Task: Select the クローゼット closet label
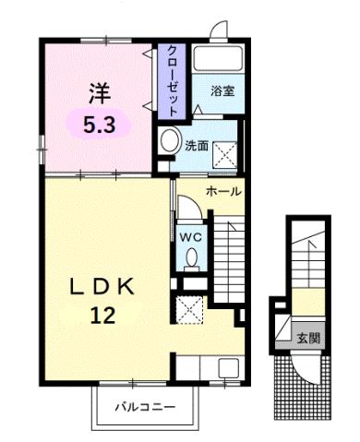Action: point(171,79)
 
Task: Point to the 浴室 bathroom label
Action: point(222,91)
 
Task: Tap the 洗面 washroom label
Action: point(197,145)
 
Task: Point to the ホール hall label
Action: point(223,192)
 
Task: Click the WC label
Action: point(190,235)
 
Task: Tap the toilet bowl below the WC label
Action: point(190,261)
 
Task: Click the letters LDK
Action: point(102,286)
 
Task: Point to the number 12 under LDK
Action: point(102,316)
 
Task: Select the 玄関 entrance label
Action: point(307,339)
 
